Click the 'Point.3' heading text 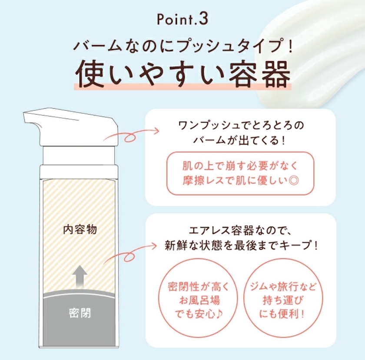click(182, 20)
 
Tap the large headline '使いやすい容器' click(183, 74)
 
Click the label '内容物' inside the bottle click(80, 229)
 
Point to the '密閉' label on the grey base click(80, 313)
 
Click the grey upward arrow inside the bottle click(80, 277)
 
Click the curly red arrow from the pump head click(131, 135)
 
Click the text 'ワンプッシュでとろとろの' click(241, 126)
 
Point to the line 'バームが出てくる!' click(240, 140)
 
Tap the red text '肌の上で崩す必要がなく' click(240, 166)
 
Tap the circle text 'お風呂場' click(200, 300)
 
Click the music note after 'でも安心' click(219, 314)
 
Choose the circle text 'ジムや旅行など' click(283, 287)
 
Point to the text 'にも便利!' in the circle click(282, 314)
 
